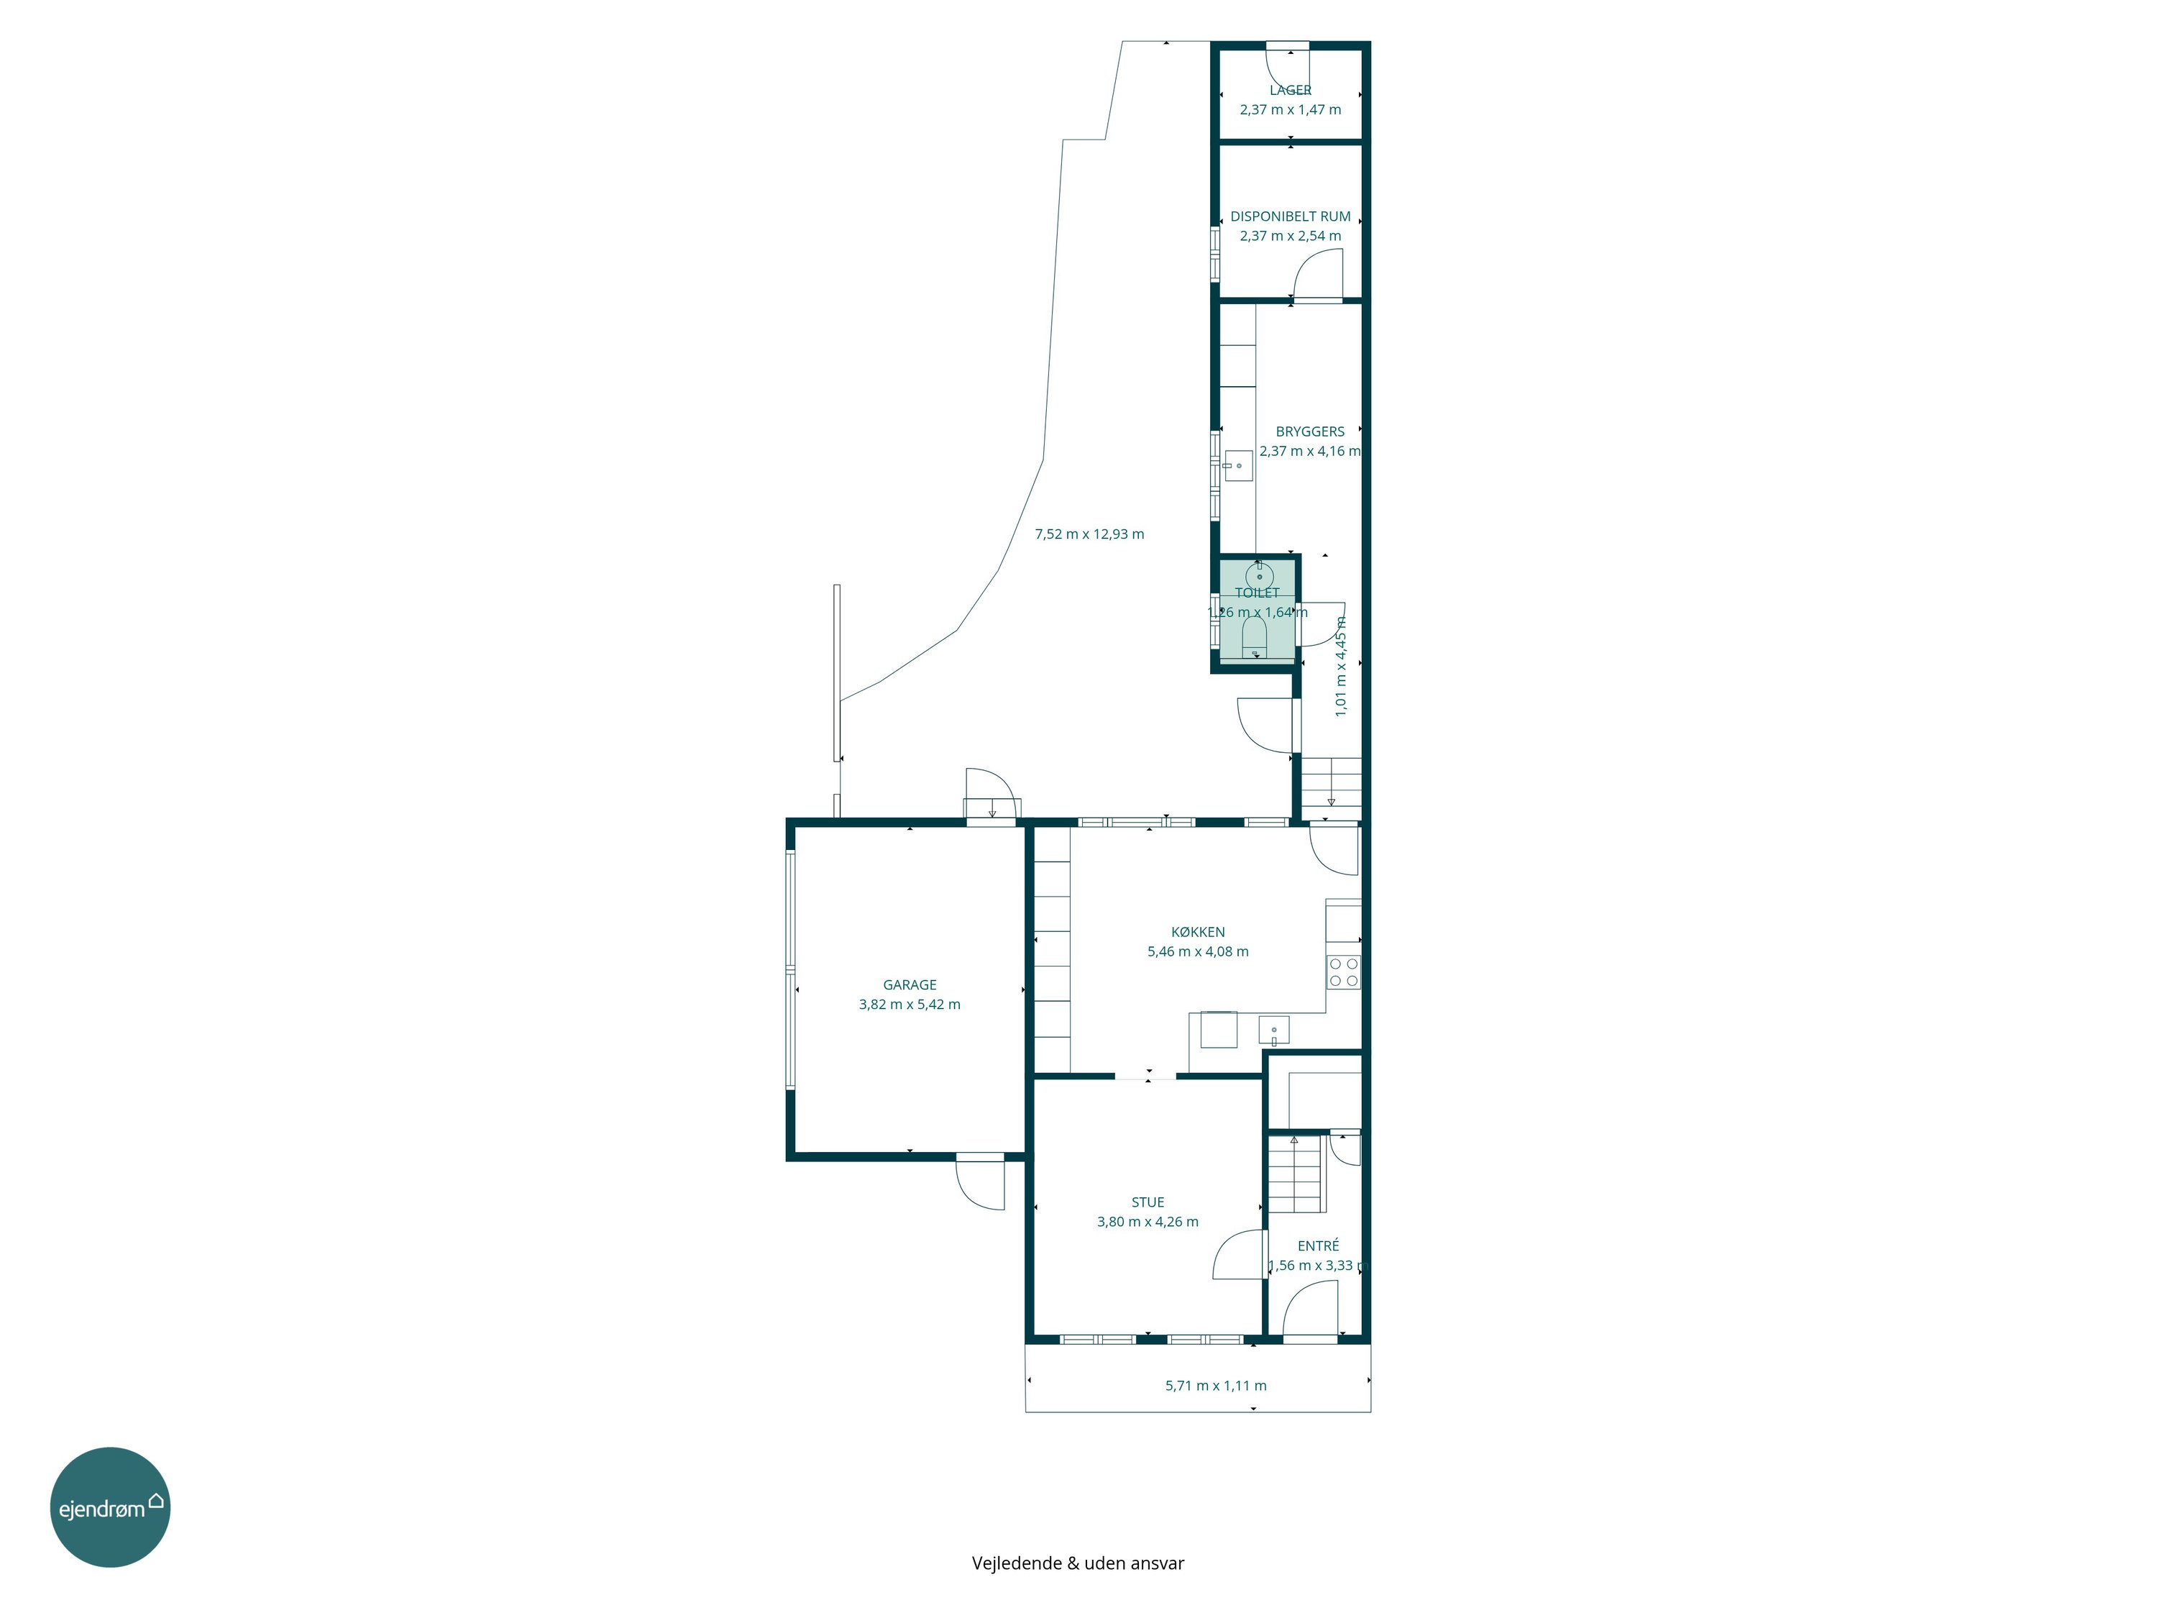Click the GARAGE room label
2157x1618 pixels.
point(909,985)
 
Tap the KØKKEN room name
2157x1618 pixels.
point(1197,933)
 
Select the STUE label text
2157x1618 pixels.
point(1148,1202)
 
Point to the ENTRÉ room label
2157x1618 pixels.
point(1319,1246)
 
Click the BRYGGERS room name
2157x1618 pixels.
point(1309,431)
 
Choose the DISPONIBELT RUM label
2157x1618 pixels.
point(1290,216)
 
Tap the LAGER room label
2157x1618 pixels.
point(1290,91)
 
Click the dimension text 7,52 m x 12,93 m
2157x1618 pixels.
point(1089,534)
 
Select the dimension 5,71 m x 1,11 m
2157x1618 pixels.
point(1216,1386)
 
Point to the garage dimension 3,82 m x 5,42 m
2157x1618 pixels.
point(909,1005)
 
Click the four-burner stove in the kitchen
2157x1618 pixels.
point(1343,972)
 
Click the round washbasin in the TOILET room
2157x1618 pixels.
point(1259,575)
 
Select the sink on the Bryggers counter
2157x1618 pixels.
point(1238,465)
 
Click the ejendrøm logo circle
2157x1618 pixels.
point(110,1507)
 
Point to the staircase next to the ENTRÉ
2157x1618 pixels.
point(1295,1174)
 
